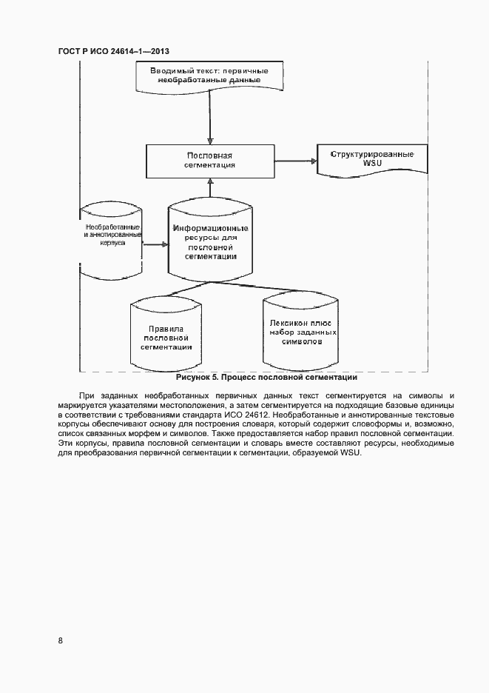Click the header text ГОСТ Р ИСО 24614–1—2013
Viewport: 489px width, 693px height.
pos(114,51)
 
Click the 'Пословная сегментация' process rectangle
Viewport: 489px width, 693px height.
pos(209,161)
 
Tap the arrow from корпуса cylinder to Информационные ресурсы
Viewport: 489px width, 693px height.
pos(154,244)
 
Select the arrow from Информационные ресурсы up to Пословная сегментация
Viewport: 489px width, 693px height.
pos(210,188)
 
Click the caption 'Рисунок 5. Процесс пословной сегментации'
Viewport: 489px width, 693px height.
pos(256,378)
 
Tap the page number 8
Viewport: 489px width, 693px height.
pos(60,640)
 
